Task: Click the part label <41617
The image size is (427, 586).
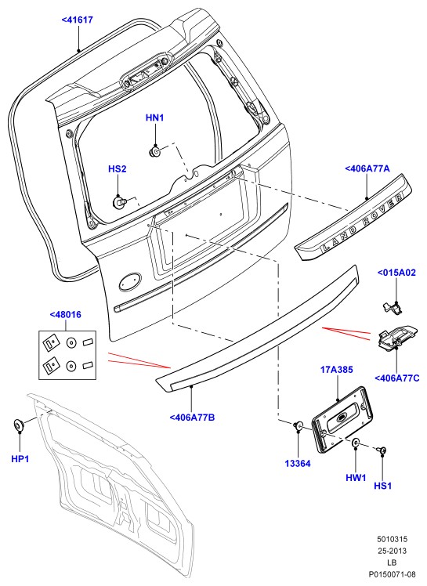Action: click(78, 20)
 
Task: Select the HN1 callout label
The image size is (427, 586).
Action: click(155, 118)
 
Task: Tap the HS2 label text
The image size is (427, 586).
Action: click(118, 169)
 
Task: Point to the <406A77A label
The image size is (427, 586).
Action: click(367, 169)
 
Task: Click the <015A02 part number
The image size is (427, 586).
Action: click(396, 273)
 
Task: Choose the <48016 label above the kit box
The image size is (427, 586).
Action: click(66, 315)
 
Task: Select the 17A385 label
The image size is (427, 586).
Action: click(337, 370)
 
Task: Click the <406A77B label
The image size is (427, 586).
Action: click(193, 418)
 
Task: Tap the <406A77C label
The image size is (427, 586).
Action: click(397, 378)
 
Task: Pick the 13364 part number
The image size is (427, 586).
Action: click(298, 464)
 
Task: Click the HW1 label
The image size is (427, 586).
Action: click(356, 478)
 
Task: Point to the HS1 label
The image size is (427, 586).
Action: click(383, 487)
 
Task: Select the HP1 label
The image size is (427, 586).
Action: click(20, 459)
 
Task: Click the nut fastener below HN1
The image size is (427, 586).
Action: click(154, 151)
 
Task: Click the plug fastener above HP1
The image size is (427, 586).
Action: click(19, 425)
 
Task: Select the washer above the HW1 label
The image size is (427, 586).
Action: click(356, 443)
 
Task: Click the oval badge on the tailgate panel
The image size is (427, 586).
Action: click(130, 281)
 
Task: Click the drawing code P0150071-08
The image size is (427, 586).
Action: click(393, 574)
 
